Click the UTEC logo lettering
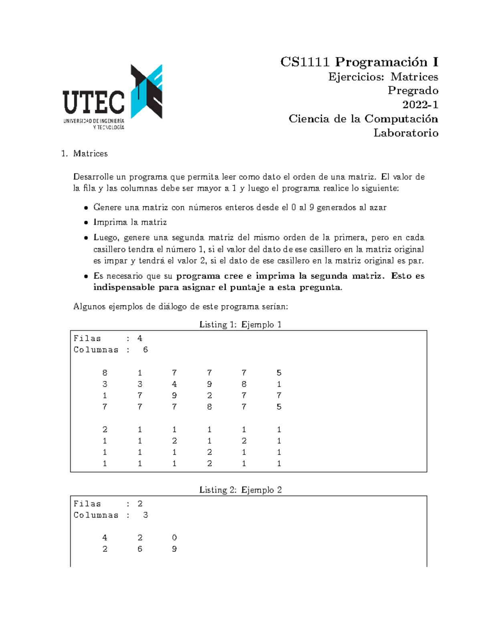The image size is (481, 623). tap(93, 102)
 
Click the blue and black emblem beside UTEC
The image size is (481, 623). tap(147, 91)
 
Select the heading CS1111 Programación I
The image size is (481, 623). tap(359, 62)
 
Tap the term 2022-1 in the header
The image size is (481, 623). tap(420, 105)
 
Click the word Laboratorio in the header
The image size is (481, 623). tap(406, 133)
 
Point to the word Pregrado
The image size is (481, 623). tap(412, 91)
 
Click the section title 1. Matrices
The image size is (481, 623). tap(85, 154)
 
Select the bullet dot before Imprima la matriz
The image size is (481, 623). tap(86, 223)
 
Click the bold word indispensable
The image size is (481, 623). tap(124, 287)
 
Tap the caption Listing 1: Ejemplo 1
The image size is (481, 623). tap(240, 325)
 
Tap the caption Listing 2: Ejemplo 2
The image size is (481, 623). tap(240, 490)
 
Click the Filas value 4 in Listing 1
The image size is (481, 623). tap(140, 338)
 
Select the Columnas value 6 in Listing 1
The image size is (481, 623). tap(146, 350)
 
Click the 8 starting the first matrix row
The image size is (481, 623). tap(105, 373)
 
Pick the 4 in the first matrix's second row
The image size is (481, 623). tap(174, 384)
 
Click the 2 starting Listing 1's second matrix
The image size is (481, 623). tap(105, 429)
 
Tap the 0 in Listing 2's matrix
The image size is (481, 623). tap(174, 538)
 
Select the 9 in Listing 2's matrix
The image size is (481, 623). tap(174, 549)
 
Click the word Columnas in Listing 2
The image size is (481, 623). tap(96, 515)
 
